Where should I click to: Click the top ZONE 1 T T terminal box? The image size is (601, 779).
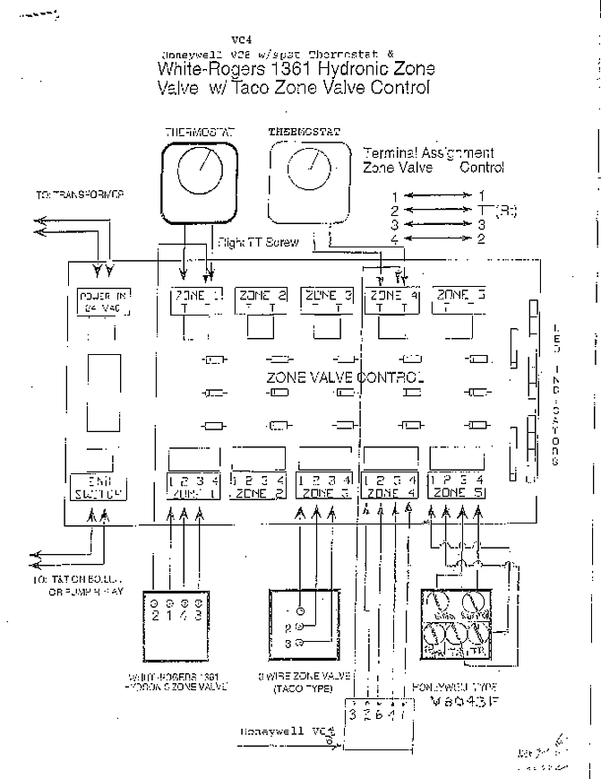pyautogui.click(x=196, y=300)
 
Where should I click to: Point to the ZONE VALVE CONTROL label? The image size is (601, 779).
pyautogui.click(x=343, y=377)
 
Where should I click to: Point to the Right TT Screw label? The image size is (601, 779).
pyautogui.click(x=259, y=242)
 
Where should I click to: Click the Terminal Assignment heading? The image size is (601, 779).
pyautogui.click(x=429, y=153)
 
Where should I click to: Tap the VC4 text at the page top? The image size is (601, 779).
pyautogui.click(x=241, y=39)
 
